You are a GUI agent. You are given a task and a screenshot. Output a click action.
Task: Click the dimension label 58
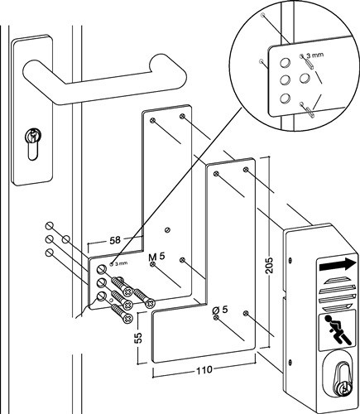[x=115, y=240]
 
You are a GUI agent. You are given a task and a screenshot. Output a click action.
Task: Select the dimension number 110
[x=204, y=369]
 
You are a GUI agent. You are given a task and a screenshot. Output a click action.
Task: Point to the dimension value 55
[x=139, y=337]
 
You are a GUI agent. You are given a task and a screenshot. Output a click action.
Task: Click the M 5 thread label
[x=156, y=257]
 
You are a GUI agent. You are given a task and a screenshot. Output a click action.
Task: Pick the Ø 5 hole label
[x=220, y=310]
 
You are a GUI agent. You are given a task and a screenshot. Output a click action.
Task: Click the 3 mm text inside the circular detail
[x=315, y=55]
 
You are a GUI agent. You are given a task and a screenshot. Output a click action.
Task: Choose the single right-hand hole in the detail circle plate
[x=305, y=79]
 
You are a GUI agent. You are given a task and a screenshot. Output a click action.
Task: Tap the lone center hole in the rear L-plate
[x=167, y=229]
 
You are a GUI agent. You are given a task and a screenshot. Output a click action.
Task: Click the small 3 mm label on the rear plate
[x=121, y=263]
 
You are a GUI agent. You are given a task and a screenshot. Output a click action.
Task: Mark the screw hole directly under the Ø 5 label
[x=216, y=317]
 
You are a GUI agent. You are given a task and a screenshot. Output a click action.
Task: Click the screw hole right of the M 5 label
[x=182, y=260]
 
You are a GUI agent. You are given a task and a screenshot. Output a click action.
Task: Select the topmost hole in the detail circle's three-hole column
[x=285, y=63]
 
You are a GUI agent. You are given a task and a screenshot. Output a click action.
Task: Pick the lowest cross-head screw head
[x=128, y=319]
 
